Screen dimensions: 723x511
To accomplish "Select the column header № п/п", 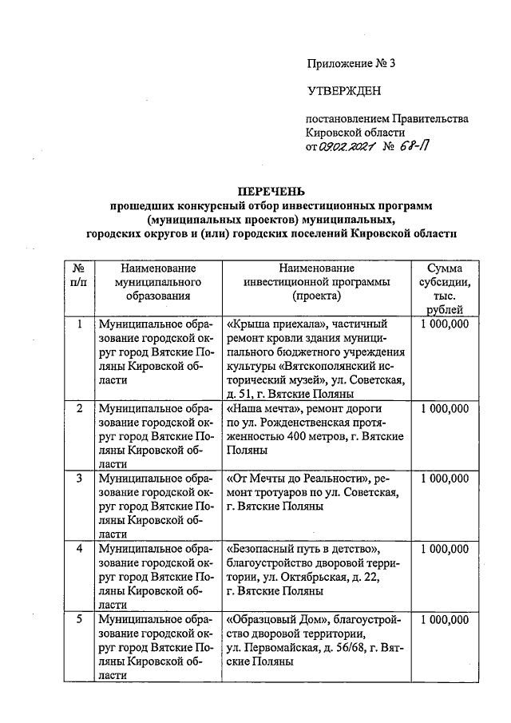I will pos(79,275).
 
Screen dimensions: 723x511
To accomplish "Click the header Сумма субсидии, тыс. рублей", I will pos(448,288).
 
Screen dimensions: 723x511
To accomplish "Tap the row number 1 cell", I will pos(79,324).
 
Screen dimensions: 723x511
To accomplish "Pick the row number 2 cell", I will pos(79,409).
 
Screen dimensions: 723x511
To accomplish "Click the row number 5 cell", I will pos(79,619).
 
